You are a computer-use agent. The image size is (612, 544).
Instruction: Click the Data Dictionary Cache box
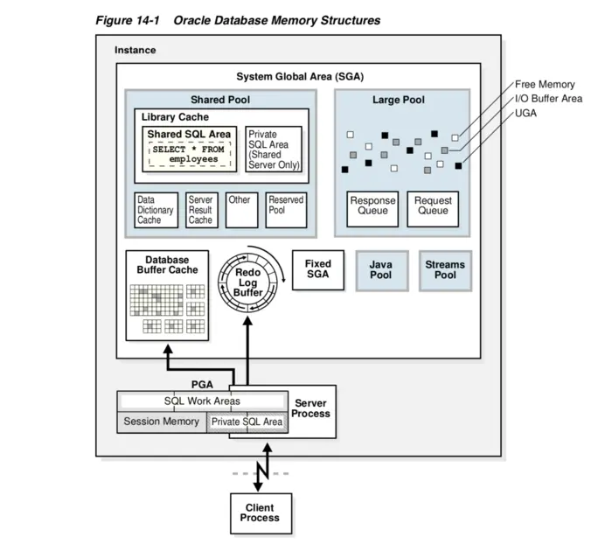[156, 210]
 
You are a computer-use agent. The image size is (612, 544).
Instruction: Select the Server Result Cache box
[202, 210]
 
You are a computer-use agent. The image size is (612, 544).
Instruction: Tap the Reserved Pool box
[286, 210]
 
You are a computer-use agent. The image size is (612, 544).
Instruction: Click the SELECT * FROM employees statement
[187, 154]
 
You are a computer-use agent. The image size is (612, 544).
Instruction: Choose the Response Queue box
[372, 207]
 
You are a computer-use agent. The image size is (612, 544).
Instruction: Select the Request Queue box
[433, 207]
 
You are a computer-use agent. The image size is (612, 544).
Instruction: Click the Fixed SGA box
[317, 269]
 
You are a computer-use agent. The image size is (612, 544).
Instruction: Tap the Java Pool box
[380, 270]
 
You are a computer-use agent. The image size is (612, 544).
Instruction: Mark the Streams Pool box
[445, 270]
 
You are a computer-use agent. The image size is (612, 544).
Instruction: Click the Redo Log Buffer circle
[247, 282]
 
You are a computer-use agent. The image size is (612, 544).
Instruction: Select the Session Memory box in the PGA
[161, 422]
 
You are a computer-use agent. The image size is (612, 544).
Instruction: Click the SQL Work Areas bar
[202, 401]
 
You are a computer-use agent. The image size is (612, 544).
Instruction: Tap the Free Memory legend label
[545, 85]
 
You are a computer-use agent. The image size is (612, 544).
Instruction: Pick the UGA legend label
[526, 114]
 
